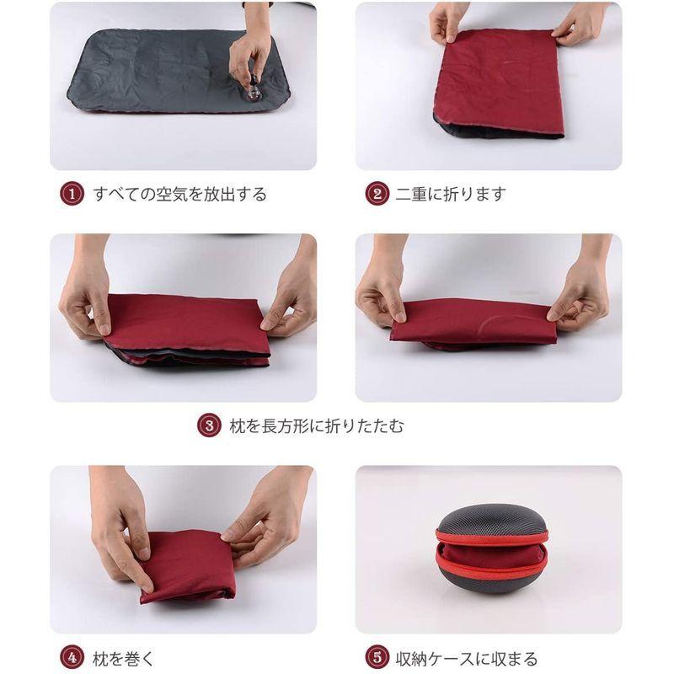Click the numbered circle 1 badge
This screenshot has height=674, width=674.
pos(72,195)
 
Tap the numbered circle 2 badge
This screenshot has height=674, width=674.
pos(377,195)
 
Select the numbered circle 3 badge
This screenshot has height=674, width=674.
pos(209,426)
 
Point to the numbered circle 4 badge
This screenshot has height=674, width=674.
pos(72,657)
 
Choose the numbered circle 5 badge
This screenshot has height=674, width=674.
pos(377,657)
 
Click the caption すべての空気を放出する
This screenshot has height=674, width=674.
pos(180,195)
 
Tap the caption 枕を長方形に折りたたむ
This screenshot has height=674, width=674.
pos(317,426)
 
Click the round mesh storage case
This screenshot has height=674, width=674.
pos(492,548)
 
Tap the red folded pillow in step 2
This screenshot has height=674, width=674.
pos(501,80)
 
